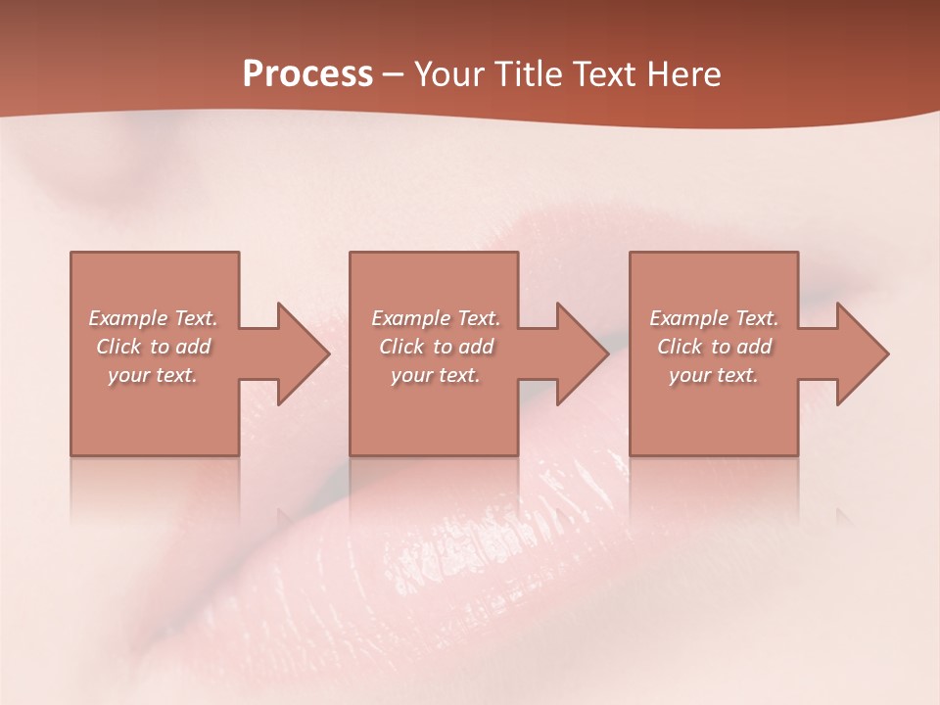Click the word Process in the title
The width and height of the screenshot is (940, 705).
point(307,74)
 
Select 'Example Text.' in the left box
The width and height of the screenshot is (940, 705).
point(154,318)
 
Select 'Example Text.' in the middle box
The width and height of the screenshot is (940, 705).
point(436,318)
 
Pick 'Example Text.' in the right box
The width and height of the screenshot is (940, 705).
point(714,318)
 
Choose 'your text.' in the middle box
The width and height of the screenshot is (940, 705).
point(435,375)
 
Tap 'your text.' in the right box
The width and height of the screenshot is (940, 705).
point(713,375)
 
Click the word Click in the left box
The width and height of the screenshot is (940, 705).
point(118,347)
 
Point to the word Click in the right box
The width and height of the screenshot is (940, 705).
point(680,347)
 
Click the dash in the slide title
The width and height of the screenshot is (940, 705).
point(394,75)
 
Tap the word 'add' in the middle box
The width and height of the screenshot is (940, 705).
point(474,347)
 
